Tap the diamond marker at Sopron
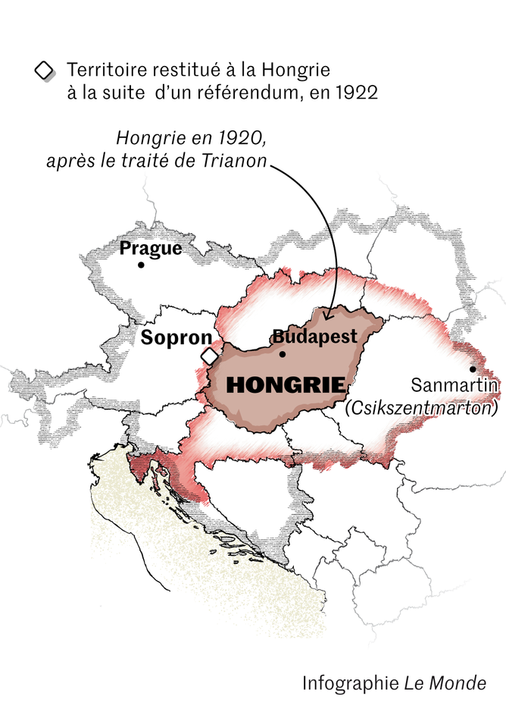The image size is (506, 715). click(208, 356)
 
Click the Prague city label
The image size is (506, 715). click(151, 248)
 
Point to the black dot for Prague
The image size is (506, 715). click(141, 265)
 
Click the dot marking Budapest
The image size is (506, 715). click(283, 353)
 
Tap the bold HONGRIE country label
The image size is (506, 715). click(286, 384)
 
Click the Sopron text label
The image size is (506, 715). click(176, 337)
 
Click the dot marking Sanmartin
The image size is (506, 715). click(473, 369)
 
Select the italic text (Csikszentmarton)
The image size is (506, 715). click(422, 408)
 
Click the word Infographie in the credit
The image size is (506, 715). click(350, 682)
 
